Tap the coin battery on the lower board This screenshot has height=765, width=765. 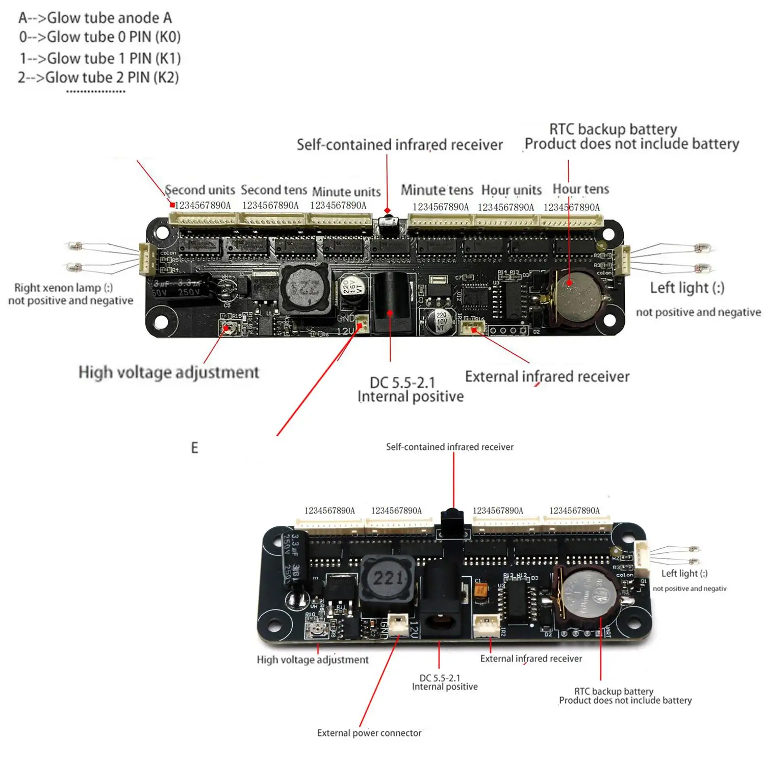[588, 595]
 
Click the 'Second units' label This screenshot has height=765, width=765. [200, 190]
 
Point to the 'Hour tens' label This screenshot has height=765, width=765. [580, 189]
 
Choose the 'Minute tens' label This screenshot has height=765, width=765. [437, 190]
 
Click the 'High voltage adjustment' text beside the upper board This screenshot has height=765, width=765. [169, 372]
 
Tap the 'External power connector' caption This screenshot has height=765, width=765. [369, 733]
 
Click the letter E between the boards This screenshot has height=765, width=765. [194, 448]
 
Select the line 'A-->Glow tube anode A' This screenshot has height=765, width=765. [95, 18]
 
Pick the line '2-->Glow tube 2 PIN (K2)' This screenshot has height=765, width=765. [98, 78]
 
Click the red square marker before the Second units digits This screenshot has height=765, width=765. [172, 205]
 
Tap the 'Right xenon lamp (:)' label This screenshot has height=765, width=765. [63, 288]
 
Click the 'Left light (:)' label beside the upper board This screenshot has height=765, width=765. [686, 288]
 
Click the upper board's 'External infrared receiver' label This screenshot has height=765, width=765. [547, 376]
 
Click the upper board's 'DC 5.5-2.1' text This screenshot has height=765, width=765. [402, 382]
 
